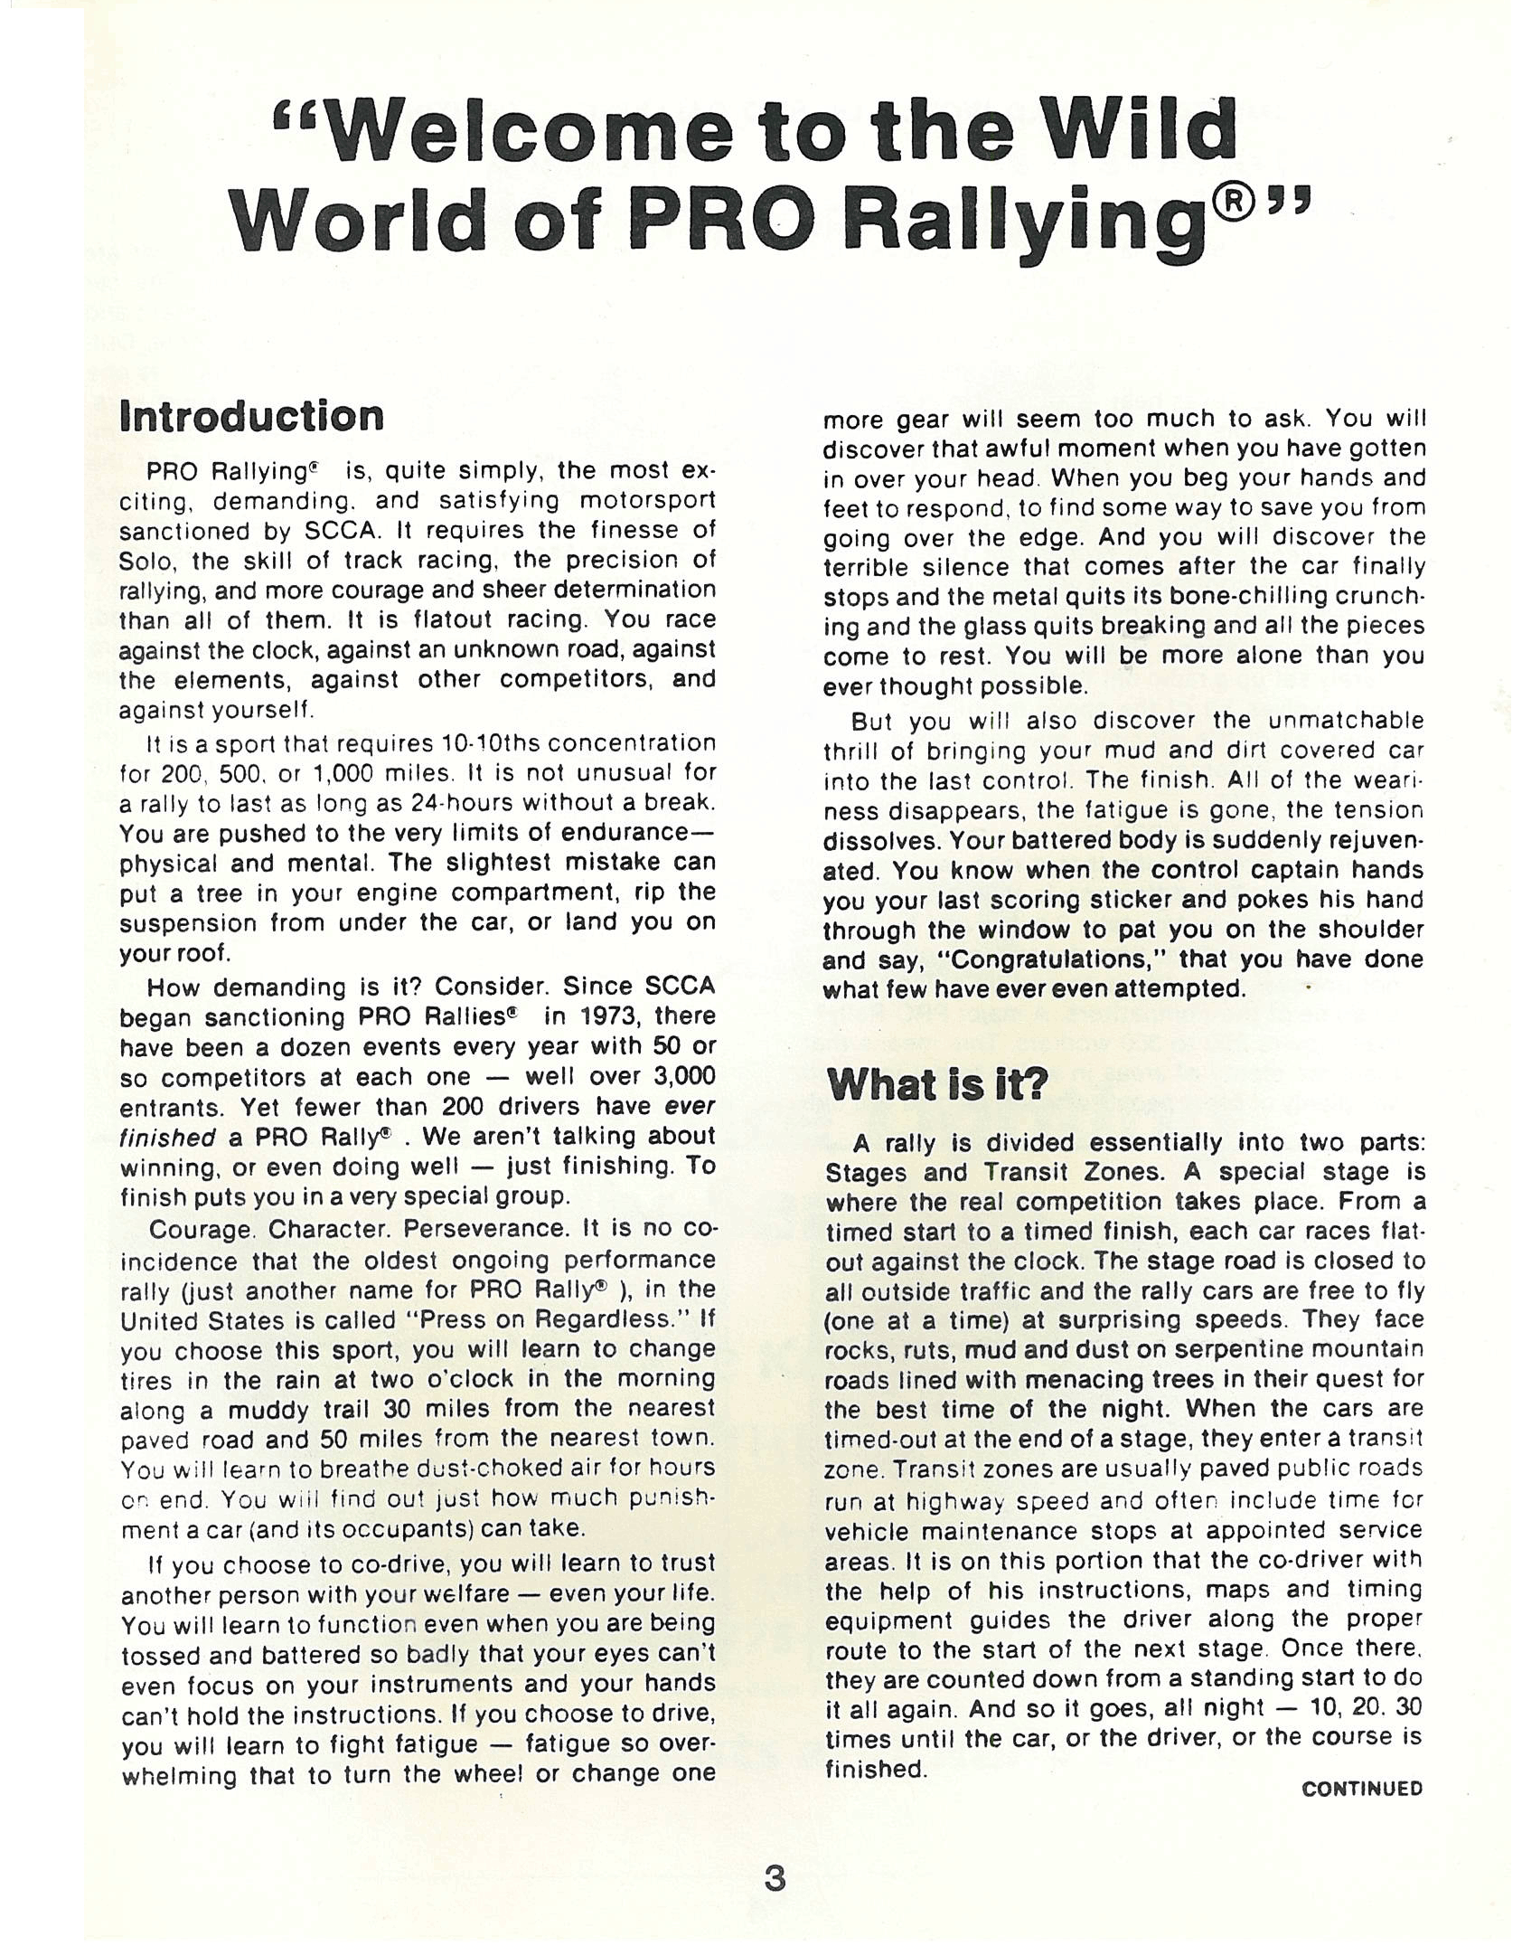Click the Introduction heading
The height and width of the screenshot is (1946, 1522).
251,417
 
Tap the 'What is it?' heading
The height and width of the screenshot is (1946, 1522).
936,1083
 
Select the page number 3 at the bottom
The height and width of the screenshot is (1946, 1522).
775,1879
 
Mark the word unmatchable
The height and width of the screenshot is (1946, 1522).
1347,721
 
